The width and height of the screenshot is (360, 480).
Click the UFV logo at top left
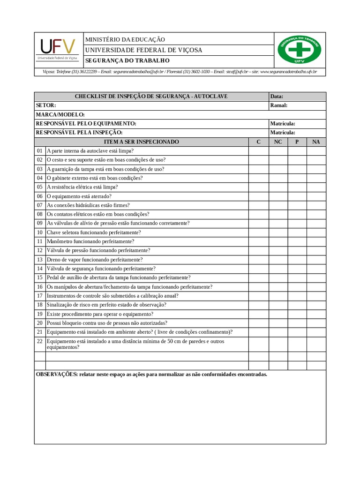[x=58, y=49]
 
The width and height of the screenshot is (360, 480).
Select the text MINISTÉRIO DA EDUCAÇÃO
[x=125, y=40]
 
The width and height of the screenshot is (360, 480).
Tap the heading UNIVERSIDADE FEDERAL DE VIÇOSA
[x=143, y=50]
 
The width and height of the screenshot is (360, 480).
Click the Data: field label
[x=277, y=97]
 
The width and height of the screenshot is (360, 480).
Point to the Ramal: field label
[x=278, y=105]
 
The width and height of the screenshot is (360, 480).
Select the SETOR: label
[x=46, y=105]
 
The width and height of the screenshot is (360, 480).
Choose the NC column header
[x=278, y=142]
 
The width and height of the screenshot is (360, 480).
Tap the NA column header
[x=316, y=142]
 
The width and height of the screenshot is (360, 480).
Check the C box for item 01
[x=258, y=151]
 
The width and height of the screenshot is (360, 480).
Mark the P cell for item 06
[x=297, y=196]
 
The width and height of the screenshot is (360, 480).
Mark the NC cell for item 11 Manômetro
[x=278, y=241]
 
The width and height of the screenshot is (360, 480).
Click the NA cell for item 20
[x=316, y=323]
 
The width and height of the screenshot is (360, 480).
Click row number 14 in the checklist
[x=40, y=269]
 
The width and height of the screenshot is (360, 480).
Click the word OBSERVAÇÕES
[x=56, y=375]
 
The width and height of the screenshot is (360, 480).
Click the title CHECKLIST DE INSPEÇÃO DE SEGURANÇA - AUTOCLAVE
[x=151, y=97]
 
